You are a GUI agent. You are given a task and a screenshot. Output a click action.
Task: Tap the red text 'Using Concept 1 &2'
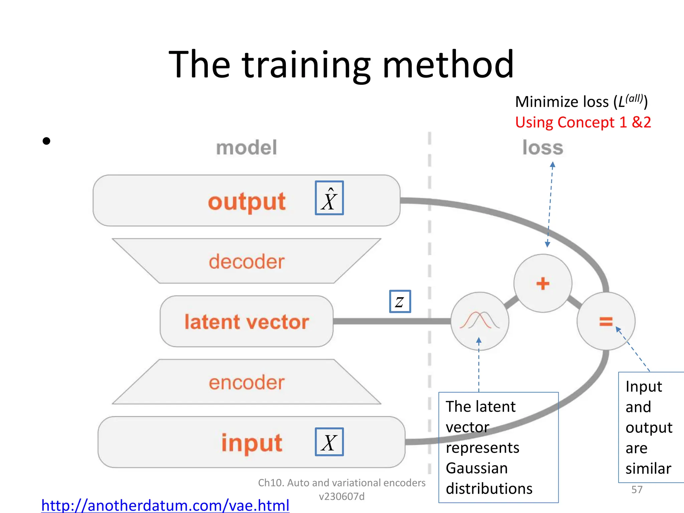pyautogui.click(x=583, y=122)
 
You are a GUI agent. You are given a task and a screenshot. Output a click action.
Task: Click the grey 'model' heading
pyautogui.click(x=246, y=148)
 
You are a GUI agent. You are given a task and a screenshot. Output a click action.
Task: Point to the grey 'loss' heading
pyautogui.click(x=543, y=148)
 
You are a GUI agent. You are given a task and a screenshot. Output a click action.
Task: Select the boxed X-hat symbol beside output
pyautogui.click(x=329, y=198)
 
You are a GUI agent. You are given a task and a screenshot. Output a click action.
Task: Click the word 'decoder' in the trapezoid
pyautogui.click(x=246, y=262)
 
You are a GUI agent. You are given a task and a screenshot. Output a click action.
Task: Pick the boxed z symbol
pyautogui.click(x=400, y=302)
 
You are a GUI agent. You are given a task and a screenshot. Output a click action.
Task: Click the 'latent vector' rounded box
pyautogui.click(x=246, y=322)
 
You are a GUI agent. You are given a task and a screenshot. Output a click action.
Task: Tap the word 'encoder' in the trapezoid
pyautogui.click(x=246, y=382)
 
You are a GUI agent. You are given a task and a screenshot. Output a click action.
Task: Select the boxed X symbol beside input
pyautogui.click(x=329, y=442)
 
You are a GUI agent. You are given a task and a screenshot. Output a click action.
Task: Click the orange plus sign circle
pyautogui.click(x=543, y=284)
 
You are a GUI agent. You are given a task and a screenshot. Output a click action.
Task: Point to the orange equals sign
pyautogui.click(x=606, y=322)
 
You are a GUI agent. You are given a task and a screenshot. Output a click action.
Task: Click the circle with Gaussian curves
pyautogui.click(x=480, y=321)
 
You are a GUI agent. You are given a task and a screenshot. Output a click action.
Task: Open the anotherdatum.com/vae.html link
pyautogui.click(x=165, y=505)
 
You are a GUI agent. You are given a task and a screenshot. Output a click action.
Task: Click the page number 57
pyautogui.click(x=637, y=490)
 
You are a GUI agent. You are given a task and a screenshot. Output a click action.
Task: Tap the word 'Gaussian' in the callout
pyautogui.click(x=477, y=468)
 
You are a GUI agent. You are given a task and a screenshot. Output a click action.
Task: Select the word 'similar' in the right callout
pyautogui.click(x=648, y=469)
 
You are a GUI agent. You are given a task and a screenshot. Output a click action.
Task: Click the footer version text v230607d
pyautogui.click(x=341, y=497)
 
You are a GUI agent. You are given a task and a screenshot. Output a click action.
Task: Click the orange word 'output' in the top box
pyautogui.click(x=246, y=202)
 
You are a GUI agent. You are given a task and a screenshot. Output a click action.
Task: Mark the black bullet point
pyautogui.click(x=46, y=141)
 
